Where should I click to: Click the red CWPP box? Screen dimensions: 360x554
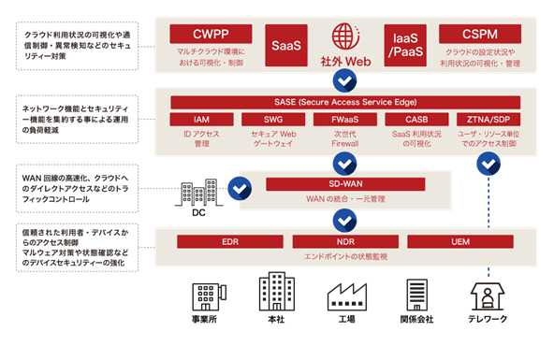click(209, 34)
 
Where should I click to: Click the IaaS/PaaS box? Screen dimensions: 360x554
click(403, 44)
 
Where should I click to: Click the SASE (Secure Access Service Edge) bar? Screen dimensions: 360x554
click(345, 100)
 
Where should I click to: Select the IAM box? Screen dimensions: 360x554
click(201, 120)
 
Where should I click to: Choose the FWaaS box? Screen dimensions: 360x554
click(345, 120)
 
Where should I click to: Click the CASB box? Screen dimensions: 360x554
click(416, 120)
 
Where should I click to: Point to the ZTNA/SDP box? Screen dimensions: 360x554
click(488, 120)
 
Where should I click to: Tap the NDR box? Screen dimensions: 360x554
click(344, 241)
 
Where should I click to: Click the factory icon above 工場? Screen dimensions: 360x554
click(344, 295)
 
